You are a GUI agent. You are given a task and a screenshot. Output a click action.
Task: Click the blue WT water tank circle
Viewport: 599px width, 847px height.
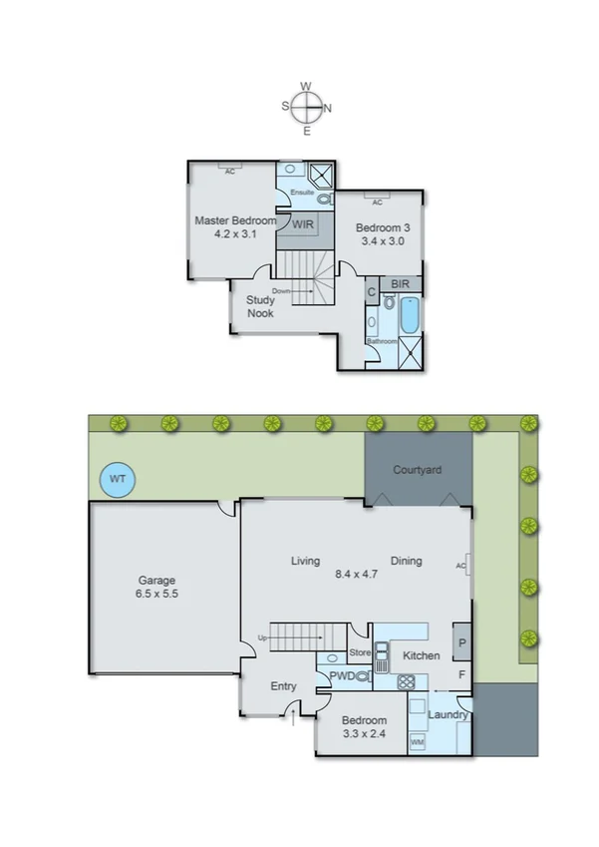pyautogui.click(x=118, y=480)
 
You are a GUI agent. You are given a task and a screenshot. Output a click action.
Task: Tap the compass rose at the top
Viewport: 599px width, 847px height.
pyautogui.click(x=307, y=106)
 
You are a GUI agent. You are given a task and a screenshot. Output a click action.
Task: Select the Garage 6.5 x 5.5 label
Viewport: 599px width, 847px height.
pyautogui.click(x=156, y=587)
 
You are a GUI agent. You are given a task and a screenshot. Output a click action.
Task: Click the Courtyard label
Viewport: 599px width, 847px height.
pyautogui.click(x=417, y=469)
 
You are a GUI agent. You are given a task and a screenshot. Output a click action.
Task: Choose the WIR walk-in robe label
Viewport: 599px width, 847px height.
pyautogui.click(x=303, y=224)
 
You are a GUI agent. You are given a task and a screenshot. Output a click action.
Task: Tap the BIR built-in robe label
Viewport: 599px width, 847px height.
pyautogui.click(x=401, y=284)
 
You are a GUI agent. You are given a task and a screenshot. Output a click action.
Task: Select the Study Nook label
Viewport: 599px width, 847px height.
pyautogui.click(x=261, y=305)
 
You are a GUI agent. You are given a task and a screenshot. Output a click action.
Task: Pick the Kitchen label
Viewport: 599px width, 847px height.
pyautogui.click(x=422, y=655)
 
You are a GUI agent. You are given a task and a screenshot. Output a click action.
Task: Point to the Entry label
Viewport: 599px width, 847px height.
pyautogui.click(x=284, y=686)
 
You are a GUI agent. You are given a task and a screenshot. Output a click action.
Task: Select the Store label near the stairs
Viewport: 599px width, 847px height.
pyautogui.click(x=360, y=654)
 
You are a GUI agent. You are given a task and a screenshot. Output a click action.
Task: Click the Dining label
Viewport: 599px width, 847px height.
pyautogui.click(x=406, y=561)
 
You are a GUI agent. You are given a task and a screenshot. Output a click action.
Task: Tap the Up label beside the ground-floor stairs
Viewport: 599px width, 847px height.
pyautogui.click(x=262, y=637)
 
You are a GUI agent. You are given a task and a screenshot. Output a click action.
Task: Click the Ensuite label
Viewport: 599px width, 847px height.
pyautogui.click(x=302, y=193)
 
